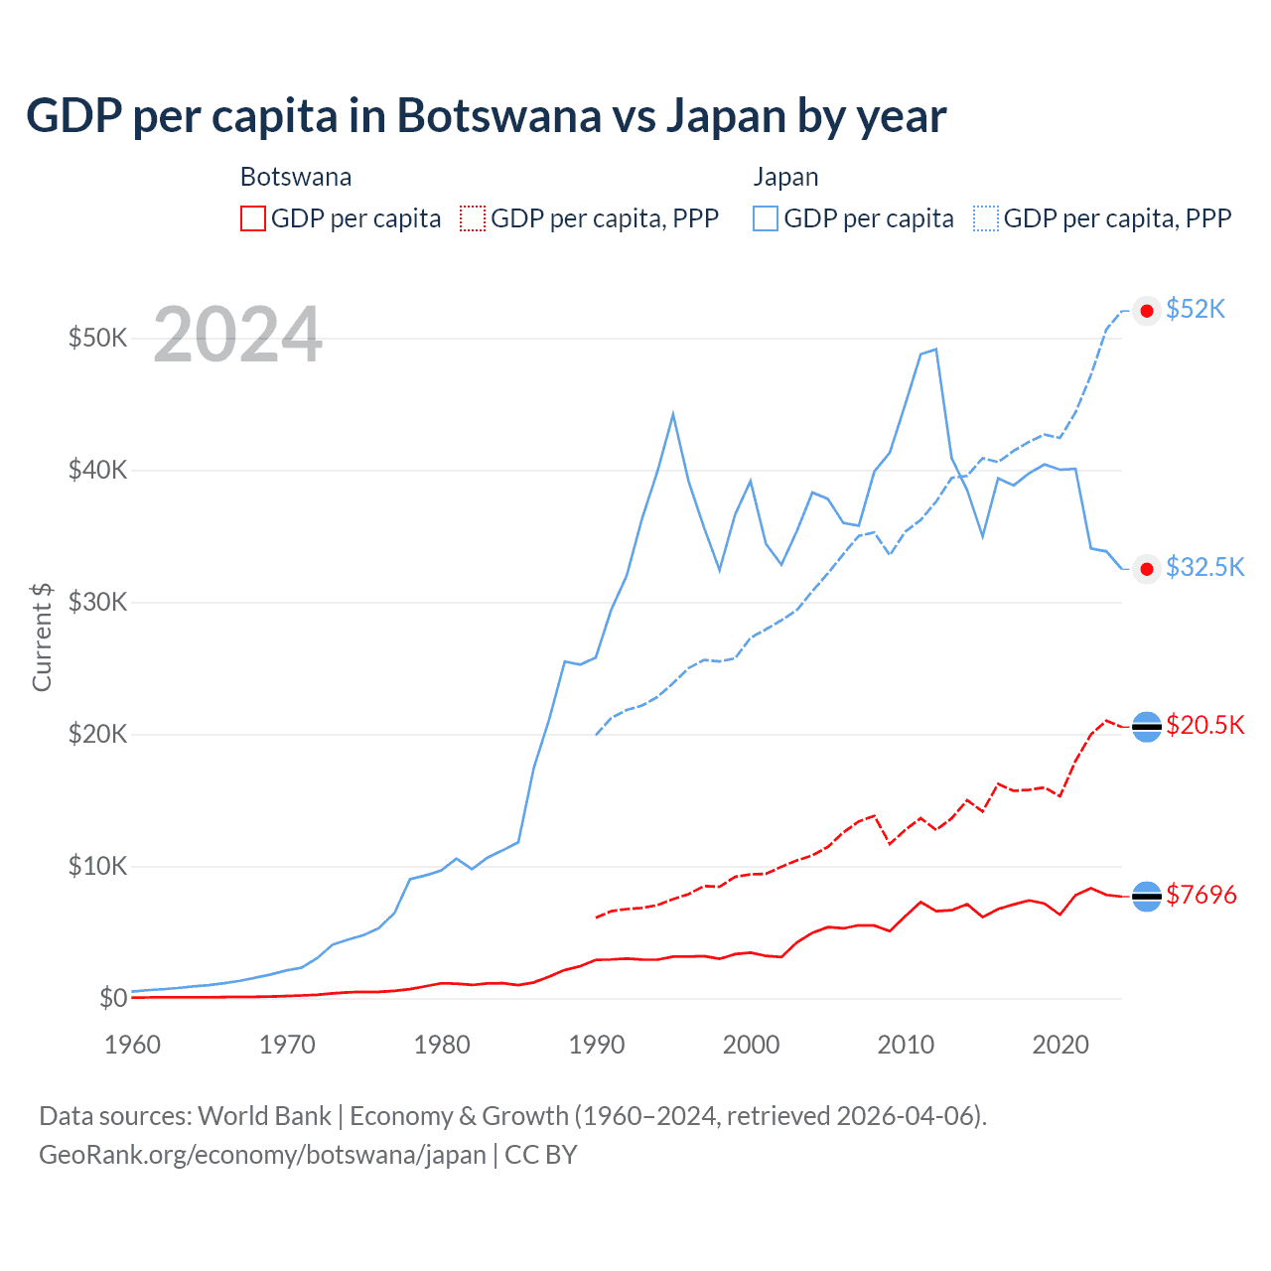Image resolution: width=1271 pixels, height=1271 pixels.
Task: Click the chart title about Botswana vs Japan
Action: (486, 115)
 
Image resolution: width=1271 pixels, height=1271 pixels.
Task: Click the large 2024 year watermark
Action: (238, 335)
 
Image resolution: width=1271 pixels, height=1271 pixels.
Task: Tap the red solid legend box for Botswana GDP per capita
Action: (253, 218)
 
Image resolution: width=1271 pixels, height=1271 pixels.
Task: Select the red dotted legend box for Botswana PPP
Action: (473, 218)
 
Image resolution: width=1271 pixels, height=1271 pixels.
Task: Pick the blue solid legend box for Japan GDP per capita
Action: (766, 218)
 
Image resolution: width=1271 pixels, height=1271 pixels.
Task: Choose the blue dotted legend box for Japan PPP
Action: (986, 218)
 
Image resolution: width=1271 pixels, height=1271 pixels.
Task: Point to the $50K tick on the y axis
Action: (97, 338)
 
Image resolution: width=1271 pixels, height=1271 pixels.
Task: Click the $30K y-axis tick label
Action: (97, 602)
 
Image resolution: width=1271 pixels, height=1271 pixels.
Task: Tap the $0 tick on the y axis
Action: (112, 998)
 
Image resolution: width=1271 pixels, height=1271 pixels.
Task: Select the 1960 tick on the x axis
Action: (132, 1045)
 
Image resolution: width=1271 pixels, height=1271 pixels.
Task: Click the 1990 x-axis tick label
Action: (597, 1045)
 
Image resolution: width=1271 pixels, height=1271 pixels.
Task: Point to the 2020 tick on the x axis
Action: (1060, 1045)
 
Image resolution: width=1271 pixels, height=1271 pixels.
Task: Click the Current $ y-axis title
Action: (42, 636)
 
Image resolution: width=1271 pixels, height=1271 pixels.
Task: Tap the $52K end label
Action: (1196, 310)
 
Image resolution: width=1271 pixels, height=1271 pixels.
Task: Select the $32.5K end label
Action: (1204, 567)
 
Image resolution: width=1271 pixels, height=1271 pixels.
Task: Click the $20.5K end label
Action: (1204, 725)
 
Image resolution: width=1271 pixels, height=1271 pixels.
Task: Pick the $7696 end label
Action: (1200, 895)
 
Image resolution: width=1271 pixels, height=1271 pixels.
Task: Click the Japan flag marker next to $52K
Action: (1147, 311)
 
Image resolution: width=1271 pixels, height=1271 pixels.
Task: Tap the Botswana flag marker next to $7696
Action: (1147, 897)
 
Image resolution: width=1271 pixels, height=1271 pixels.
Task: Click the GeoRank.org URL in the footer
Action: (262, 1155)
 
